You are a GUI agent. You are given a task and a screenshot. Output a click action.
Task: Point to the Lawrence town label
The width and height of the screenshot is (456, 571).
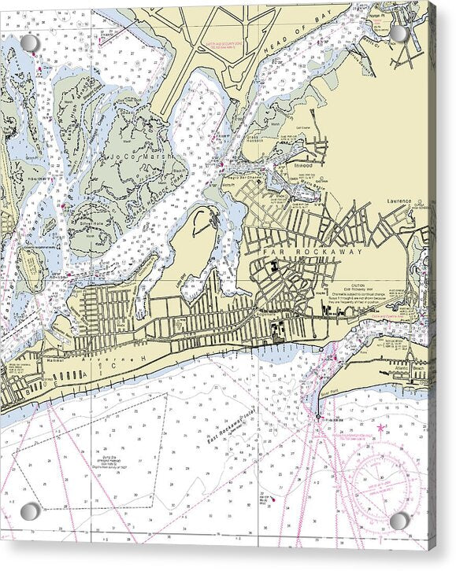click(399, 201)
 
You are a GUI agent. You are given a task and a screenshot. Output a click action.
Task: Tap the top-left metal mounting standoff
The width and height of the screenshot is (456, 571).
click(30, 42)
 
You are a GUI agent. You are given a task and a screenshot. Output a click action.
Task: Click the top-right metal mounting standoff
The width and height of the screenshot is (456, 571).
click(399, 33)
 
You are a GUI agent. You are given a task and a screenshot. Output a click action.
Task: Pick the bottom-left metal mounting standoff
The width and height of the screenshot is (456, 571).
click(30, 512)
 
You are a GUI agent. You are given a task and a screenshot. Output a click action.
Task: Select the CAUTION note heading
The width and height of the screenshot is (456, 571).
click(358, 285)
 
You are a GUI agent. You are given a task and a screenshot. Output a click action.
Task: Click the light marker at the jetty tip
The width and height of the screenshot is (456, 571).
click(318, 415)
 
